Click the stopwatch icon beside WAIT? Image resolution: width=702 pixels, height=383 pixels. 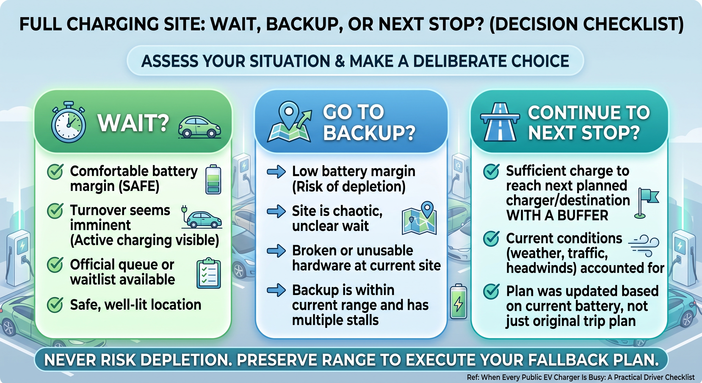[68, 123]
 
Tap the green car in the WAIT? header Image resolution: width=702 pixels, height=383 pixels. [199, 127]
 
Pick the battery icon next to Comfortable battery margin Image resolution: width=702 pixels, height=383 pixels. [213, 179]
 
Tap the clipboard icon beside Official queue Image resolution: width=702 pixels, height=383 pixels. [209, 273]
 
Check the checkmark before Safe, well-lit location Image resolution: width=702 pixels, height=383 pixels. [55, 304]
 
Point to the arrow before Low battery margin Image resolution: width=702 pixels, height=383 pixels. [276, 172]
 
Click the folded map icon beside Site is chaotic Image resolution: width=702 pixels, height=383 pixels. [419, 218]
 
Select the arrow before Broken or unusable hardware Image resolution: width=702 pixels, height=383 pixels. [276, 251]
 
